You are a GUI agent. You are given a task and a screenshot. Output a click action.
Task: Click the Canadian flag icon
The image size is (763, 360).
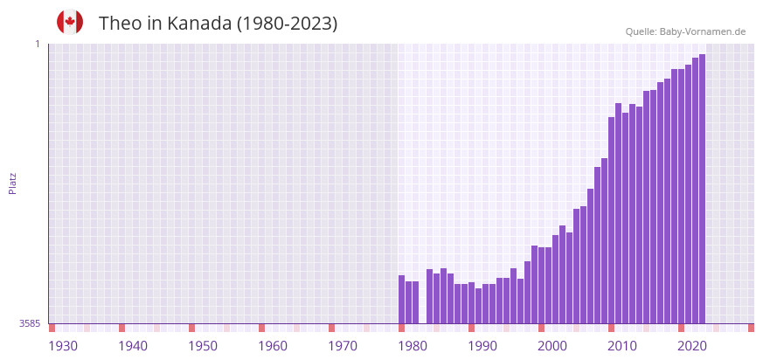tap(70, 22)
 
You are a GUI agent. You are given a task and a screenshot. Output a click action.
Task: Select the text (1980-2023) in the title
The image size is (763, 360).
tap(287, 24)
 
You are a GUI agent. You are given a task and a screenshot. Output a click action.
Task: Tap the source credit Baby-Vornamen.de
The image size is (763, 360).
tap(702, 31)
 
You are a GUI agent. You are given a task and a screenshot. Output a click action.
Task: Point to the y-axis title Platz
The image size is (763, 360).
tap(12, 183)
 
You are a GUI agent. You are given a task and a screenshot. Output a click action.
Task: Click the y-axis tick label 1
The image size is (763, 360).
tap(38, 44)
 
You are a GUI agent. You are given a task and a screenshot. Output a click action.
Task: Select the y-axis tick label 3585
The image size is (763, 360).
tap(30, 323)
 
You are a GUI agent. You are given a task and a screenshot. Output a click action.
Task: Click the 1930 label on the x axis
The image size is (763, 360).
tap(63, 346)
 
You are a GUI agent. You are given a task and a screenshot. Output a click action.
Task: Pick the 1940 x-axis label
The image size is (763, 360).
tap(133, 346)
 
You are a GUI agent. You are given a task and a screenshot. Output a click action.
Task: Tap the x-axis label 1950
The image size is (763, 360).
tap(203, 346)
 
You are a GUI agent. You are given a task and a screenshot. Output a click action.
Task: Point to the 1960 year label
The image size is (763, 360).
tap(273, 346)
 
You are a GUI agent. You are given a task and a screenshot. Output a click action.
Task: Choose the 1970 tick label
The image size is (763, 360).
tap(343, 346)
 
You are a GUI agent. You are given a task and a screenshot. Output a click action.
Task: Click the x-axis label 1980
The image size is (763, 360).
tap(413, 346)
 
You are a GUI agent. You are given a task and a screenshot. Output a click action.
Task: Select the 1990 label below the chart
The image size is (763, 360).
tap(482, 346)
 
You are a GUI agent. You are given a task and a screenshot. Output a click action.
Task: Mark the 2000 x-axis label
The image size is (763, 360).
tap(552, 346)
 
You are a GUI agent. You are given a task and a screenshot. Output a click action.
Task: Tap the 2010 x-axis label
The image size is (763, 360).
tap(622, 346)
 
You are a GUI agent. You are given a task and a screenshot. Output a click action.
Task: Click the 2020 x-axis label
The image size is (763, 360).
tap(692, 346)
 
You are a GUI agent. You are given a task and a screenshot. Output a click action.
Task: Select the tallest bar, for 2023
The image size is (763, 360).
tap(702, 188)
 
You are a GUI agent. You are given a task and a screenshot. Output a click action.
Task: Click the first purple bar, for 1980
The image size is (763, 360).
tap(402, 299)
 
